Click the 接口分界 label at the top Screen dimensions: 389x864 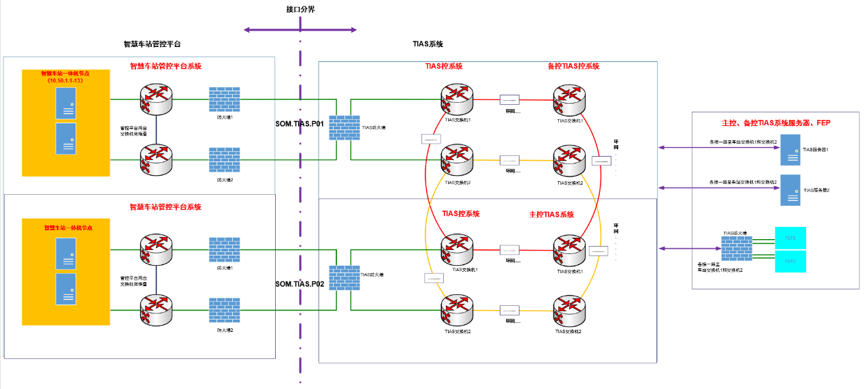[x=300, y=10]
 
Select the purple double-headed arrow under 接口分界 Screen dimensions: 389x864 [x=300, y=30]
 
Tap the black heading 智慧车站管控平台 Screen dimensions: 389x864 [x=152, y=44]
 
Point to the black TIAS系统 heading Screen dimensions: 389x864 [x=428, y=44]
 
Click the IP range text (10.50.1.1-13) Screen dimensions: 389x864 [x=65, y=80]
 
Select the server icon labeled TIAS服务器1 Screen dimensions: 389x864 [x=790, y=150]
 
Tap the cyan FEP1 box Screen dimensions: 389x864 [x=790, y=238]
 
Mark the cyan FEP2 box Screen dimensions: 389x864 [x=790, y=262]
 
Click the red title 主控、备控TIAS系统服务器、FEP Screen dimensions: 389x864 [x=775, y=123]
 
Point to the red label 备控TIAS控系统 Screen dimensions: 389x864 [x=573, y=67]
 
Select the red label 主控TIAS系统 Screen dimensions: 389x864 [x=551, y=215]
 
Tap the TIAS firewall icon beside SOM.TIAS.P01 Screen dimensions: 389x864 [x=345, y=127]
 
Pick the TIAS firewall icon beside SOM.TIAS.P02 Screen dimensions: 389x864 [x=345, y=278]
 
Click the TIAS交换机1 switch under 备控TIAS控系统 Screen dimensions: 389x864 [x=569, y=100]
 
